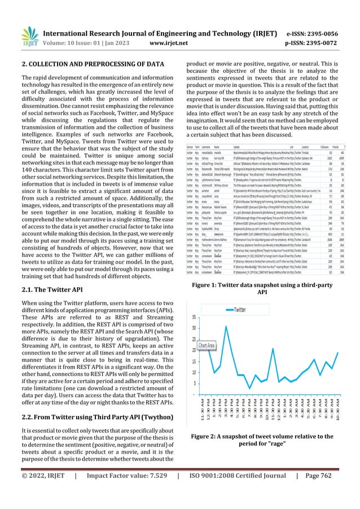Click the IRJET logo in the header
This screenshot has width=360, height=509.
19,19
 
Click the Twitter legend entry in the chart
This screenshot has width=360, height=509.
237,309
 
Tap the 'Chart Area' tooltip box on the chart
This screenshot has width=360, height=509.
205,345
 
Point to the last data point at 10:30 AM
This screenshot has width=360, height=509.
337,352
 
